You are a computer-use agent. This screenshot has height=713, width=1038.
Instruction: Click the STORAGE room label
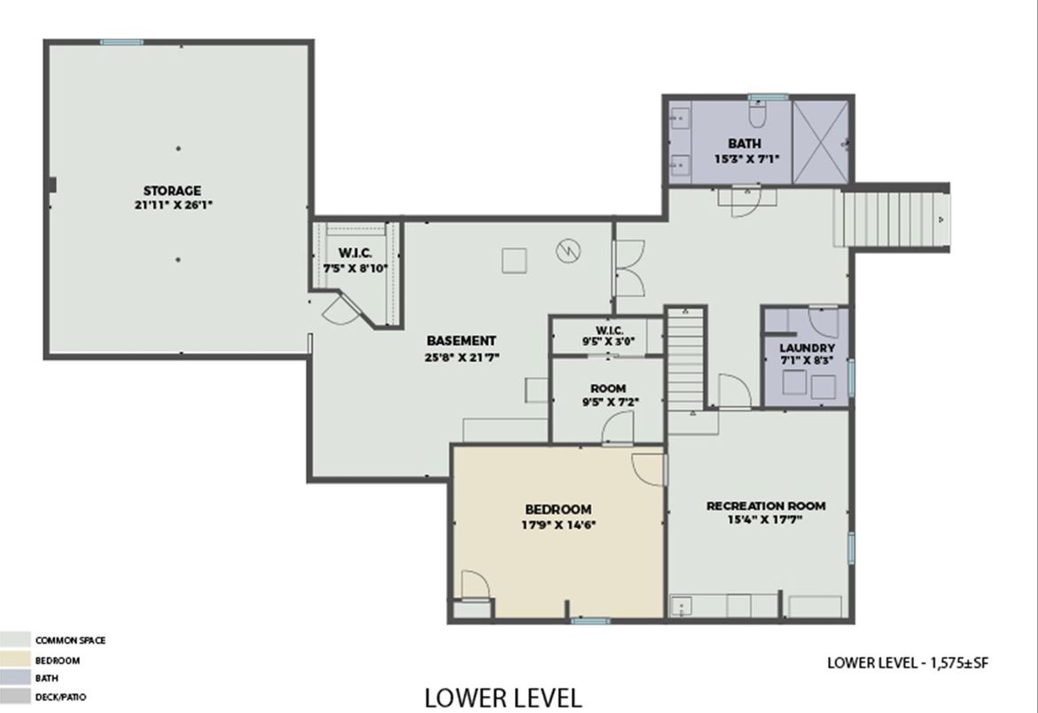point(172,191)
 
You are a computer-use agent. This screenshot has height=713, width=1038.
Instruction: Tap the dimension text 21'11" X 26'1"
point(174,205)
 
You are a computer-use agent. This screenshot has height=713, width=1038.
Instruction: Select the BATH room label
point(745,143)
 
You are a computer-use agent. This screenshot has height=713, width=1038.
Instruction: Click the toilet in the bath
point(758,114)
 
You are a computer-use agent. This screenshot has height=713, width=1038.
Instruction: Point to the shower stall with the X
point(820,142)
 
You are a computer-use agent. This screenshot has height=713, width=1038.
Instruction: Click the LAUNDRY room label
point(807,348)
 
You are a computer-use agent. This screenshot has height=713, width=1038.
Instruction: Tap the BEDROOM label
point(558,509)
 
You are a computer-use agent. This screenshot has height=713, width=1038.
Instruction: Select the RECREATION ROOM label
point(766,505)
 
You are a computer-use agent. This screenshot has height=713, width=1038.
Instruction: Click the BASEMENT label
point(461,341)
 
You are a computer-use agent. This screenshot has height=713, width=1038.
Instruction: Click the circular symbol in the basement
point(568,250)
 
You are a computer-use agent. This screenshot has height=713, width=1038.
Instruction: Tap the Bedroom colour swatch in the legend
point(15,660)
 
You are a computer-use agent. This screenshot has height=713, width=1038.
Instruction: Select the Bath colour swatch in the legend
point(15,678)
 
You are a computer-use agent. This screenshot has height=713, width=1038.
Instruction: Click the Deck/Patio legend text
point(61,696)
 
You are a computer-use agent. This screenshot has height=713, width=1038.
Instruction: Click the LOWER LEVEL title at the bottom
point(503,698)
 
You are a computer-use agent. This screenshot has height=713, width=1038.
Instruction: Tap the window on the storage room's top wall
point(121,42)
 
